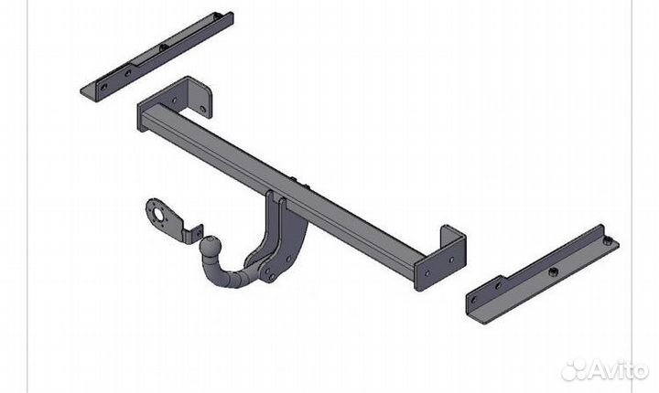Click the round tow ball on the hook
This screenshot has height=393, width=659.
click(x=209, y=245)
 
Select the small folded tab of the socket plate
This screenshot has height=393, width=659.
click(x=197, y=233)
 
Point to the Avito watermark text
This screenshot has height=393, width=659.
click(x=618, y=370)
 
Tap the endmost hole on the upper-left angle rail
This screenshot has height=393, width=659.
click(x=103, y=87)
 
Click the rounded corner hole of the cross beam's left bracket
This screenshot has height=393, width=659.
click(x=202, y=109)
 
